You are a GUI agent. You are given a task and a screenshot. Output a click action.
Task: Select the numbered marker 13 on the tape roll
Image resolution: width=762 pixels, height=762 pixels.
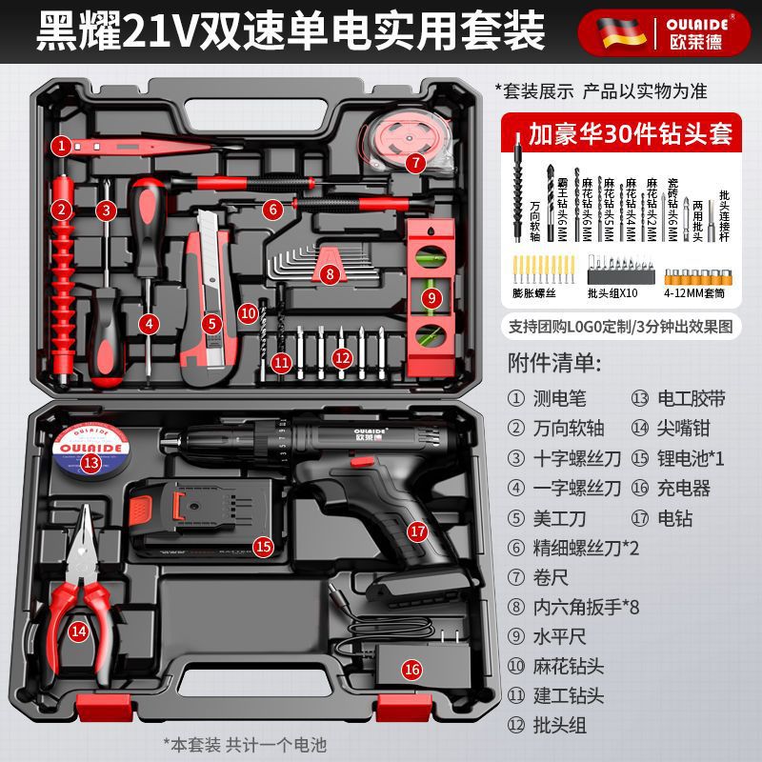pos(90,463)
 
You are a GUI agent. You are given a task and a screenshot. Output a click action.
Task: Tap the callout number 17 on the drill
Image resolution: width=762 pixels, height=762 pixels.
pos(416,531)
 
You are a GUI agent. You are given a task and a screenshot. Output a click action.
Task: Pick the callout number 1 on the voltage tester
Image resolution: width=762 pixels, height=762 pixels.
pos(62,146)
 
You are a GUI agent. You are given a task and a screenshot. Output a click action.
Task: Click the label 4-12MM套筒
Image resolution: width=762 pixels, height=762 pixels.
pos(702,294)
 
